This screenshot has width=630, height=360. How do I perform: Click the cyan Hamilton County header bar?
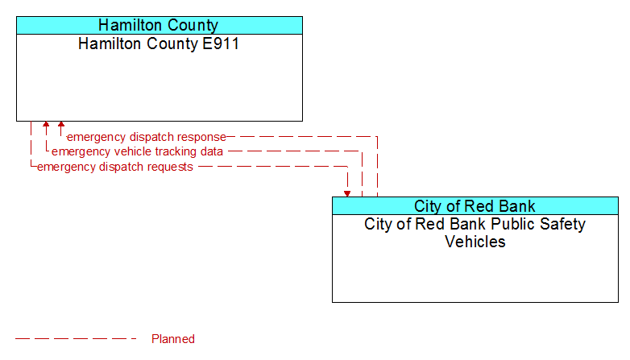coord(160,25)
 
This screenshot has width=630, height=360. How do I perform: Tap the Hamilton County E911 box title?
coord(159,43)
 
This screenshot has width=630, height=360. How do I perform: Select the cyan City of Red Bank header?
coord(475,205)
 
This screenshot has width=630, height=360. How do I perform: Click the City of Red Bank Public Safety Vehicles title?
coord(475,233)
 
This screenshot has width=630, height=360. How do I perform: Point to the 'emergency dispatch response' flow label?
coord(147,137)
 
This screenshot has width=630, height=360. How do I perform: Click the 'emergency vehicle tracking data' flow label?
coord(138,151)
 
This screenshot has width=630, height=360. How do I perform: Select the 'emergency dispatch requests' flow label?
coord(115,167)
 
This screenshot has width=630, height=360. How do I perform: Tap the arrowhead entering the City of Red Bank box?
coord(347,194)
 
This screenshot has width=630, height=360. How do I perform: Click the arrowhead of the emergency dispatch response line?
coord(61,124)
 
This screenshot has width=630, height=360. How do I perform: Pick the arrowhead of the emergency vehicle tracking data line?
coord(46,124)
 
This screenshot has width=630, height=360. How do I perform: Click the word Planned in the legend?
coord(173,339)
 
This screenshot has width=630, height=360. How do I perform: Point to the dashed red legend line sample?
coord(76,339)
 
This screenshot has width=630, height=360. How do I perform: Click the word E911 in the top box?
coord(221,43)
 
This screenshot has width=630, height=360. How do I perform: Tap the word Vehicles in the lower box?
coord(475,242)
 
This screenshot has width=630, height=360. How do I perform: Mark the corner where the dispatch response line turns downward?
coord(377,137)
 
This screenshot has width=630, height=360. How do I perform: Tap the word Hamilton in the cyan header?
coord(130,25)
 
